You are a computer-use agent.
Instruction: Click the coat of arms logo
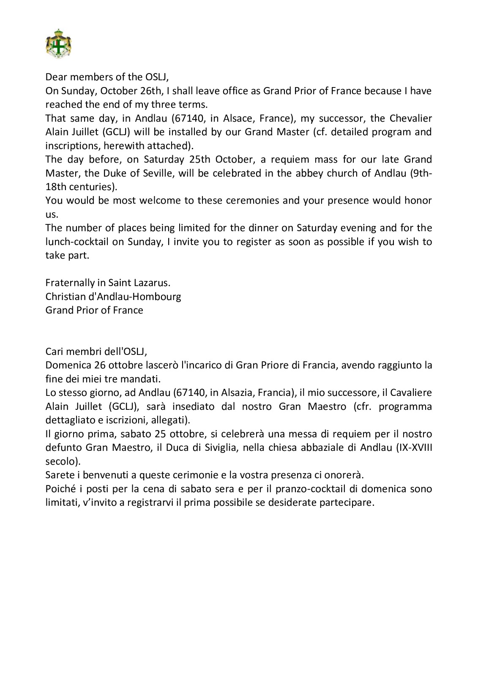58,44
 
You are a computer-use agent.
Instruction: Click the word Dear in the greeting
56,77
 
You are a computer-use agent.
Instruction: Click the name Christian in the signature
64,297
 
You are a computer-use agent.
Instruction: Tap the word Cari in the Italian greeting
55,351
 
